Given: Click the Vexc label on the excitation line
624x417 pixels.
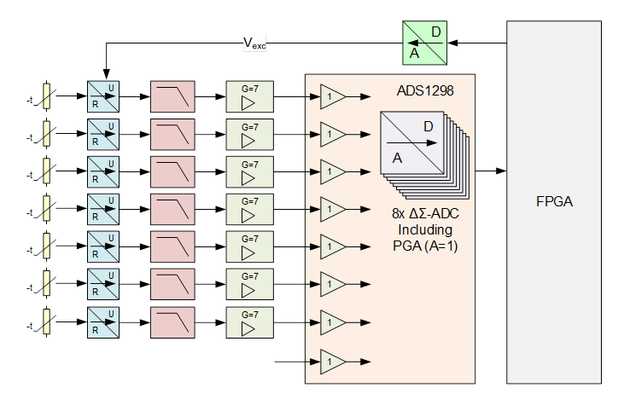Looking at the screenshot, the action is [254, 43].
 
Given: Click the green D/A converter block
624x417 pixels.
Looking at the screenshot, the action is [424, 43].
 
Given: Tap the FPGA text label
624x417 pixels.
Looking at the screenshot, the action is [554, 201].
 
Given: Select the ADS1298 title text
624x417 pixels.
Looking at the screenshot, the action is [425, 90].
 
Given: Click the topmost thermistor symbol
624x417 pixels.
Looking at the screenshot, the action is [47, 96].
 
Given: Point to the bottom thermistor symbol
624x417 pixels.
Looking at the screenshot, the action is [47, 321].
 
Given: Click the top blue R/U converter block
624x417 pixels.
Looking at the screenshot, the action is [103, 96].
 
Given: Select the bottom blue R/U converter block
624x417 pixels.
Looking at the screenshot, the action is [103, 322].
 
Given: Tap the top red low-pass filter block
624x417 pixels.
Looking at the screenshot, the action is [172, 96].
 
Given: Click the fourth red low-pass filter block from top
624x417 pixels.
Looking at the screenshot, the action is [172, 209].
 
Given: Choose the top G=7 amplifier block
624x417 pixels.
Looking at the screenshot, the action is [250, 96].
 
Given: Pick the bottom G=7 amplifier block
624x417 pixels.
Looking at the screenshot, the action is [250, 322].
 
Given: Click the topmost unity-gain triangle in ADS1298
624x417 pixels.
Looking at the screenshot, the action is [333, 96].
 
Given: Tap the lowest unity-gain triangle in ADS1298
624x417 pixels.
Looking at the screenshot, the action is [333, 362].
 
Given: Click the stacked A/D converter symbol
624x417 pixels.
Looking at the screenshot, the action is [424, 155].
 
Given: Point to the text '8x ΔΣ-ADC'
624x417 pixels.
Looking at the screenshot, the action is [425, 213].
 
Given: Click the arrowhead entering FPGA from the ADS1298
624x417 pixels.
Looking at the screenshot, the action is [501, 171].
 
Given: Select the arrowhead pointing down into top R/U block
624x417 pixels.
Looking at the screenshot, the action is [106, 74].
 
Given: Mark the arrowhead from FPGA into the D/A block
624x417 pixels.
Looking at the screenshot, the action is [452, 43].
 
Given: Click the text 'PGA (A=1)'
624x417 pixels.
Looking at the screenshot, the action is [425, 246].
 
